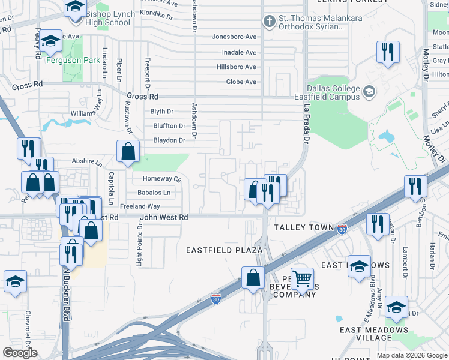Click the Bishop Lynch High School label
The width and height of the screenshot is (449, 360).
click(108, 18)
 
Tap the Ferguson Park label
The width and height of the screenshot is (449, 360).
click(82, 61)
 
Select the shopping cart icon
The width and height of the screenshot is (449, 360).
click(302, 278)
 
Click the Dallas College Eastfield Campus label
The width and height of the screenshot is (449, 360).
click(327, 92)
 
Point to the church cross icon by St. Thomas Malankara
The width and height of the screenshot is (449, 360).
click(269, 22)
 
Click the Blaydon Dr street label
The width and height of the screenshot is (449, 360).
click(169, 140)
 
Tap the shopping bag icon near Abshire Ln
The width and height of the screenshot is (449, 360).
click(128, 152)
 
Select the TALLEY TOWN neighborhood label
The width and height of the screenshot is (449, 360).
click(303, 227)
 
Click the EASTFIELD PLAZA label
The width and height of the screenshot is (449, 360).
click(224, 250)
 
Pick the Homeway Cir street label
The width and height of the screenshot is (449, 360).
click(161, 179)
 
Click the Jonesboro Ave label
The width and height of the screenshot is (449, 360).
click(234, 37)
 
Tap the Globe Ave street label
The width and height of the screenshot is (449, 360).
click(241, 82)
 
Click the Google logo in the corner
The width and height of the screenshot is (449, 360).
click(20, 352)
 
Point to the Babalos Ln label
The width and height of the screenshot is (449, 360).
click(154, 193)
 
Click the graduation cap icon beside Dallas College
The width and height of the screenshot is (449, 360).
click(369, 92)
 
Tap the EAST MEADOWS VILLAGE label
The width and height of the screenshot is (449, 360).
click(374, 334)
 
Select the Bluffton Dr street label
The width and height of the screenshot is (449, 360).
click(169, 126)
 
